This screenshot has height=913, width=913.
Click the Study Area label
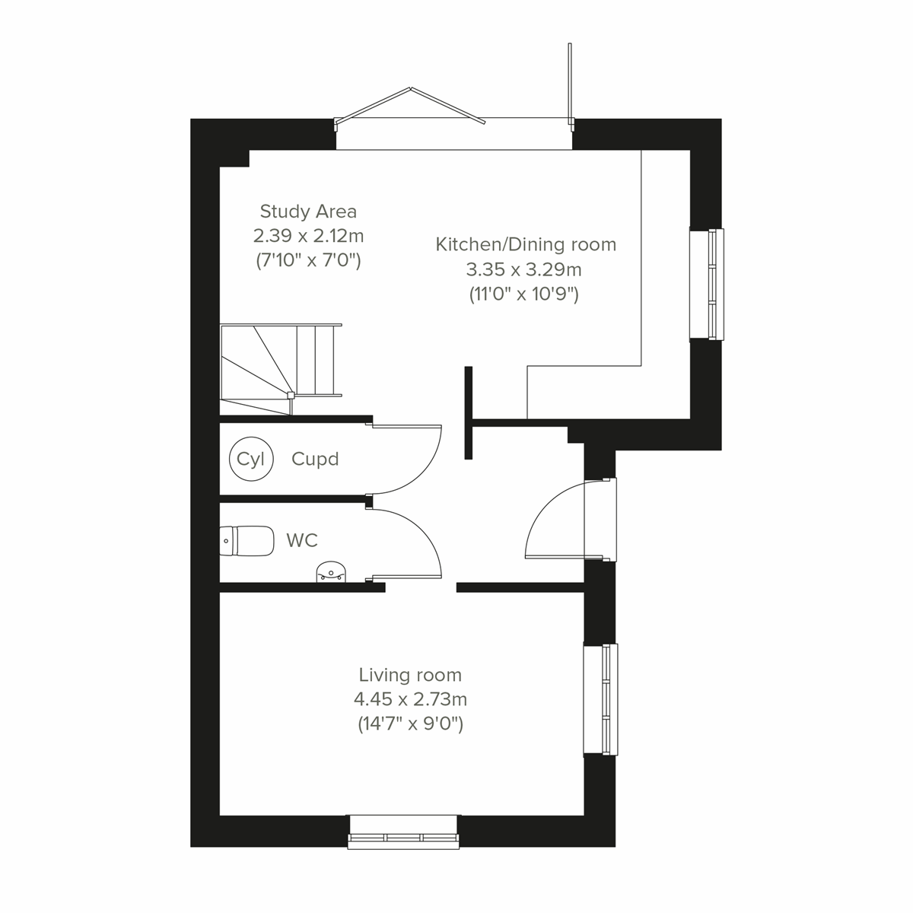308,212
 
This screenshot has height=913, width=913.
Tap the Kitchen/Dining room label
526,245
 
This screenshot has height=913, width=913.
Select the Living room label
410,675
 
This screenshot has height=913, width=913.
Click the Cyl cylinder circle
250,459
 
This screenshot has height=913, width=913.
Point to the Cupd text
315,460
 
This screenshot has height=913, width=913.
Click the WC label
302,541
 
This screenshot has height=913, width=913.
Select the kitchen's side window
707,284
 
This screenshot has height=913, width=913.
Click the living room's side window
601,700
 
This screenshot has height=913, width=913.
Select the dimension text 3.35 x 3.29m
524,269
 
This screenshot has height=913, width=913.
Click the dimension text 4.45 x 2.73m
410,699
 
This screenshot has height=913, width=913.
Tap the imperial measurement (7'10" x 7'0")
308,260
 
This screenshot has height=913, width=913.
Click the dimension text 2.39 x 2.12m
308,236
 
